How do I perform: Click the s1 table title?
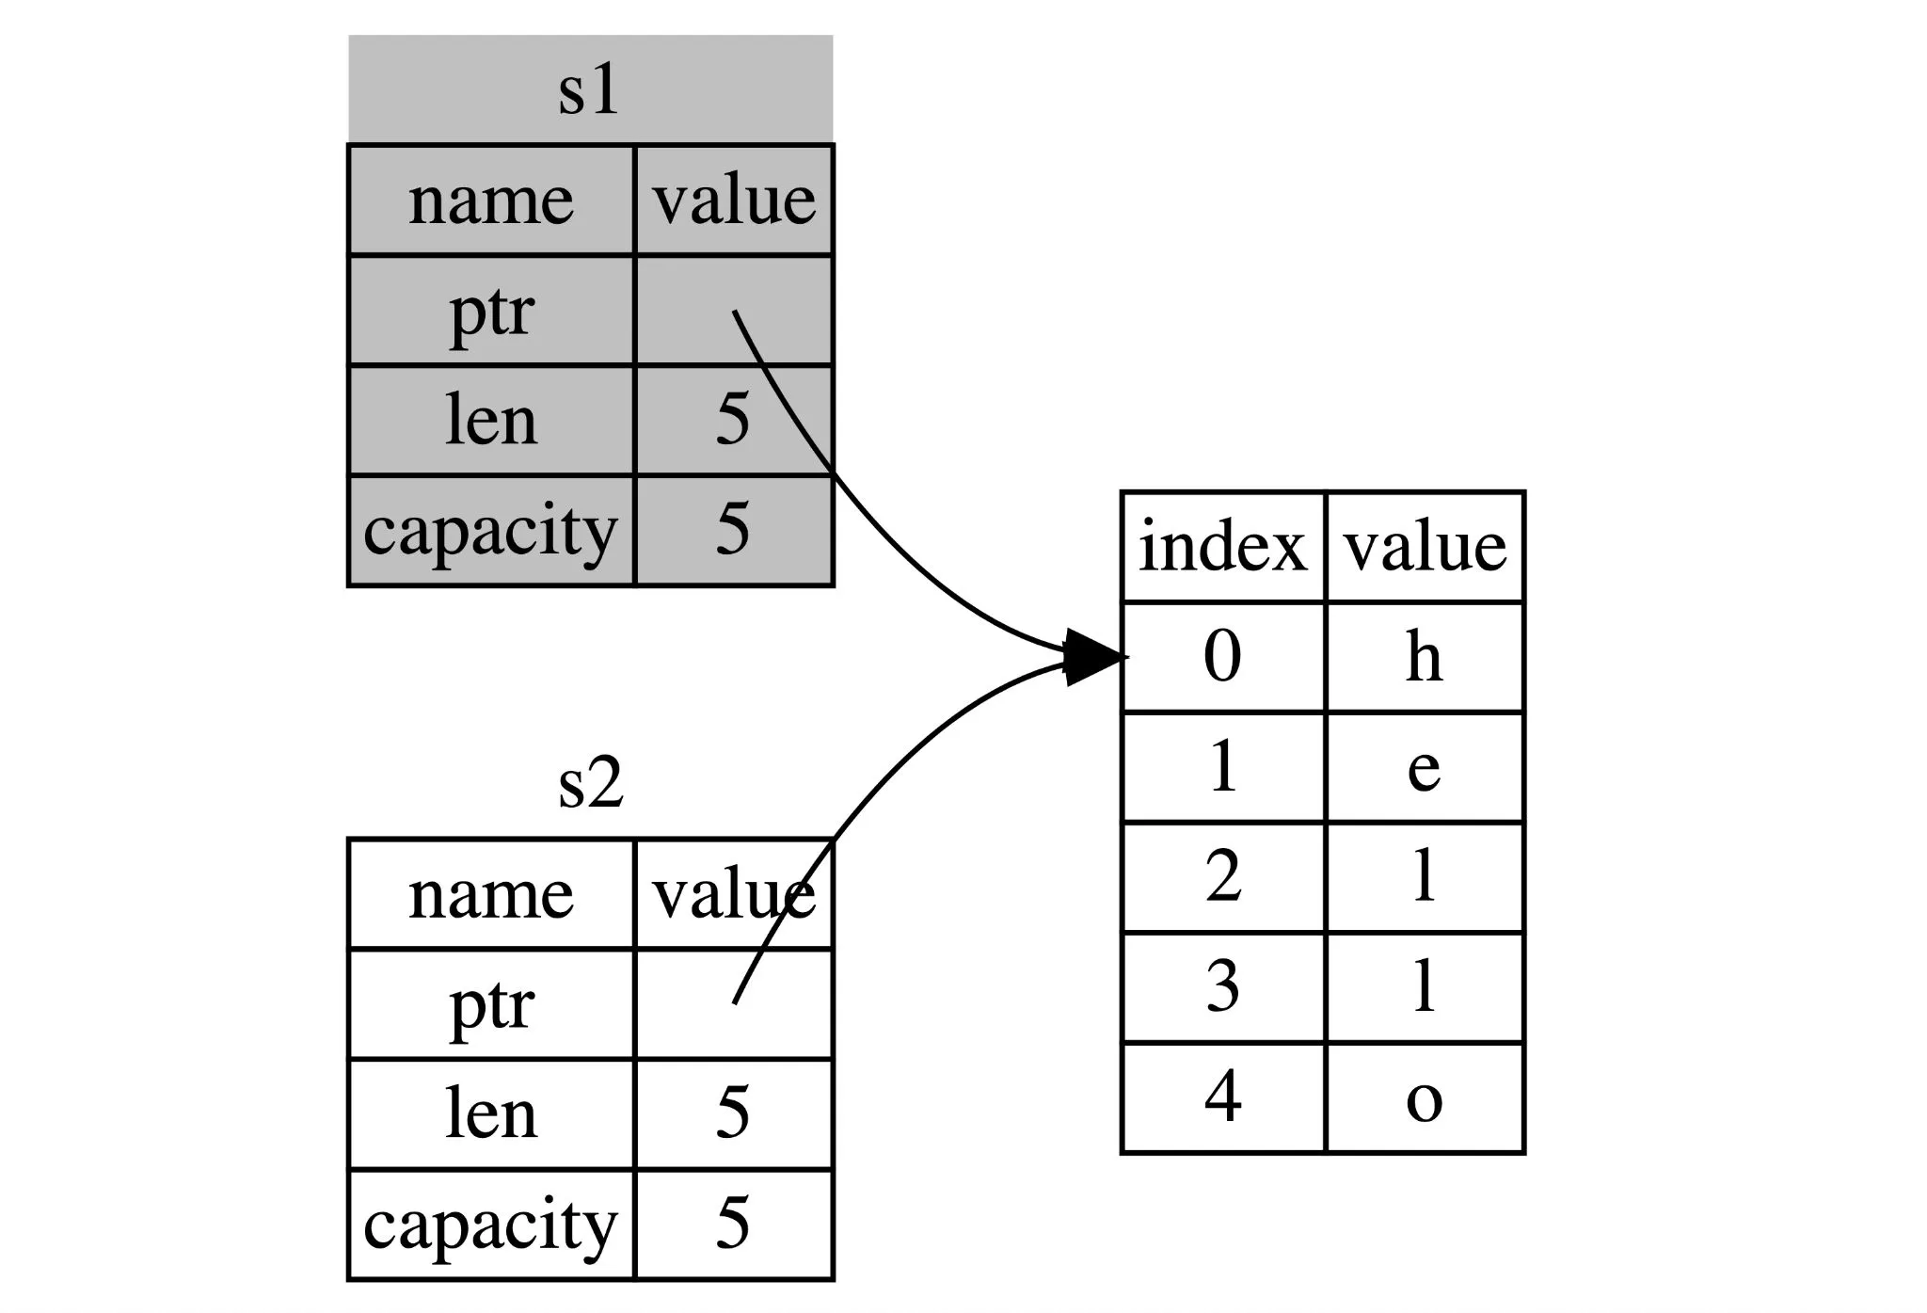(x=589, y=90)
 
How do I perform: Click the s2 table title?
(x=590, y=783)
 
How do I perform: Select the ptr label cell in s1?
(x=491, y=311)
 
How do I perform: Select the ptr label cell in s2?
(x=491, y=1004)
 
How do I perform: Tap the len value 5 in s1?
(x=733, y=420)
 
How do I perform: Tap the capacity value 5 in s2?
(x=733, y=1224)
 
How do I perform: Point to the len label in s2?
(x=490, y=1113)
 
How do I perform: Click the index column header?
(x=1222, y=547)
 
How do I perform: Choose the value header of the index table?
(x=1425, y=547)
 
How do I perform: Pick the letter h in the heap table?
(x=1424, y=657)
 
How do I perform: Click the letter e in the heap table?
(x=1424, y=767)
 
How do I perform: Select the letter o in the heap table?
(x=1424, y=1098)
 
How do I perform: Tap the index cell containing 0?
(x=1222, y=657)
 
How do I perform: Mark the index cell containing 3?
(x=1222, y=987)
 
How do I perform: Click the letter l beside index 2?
(x=1424, y=877)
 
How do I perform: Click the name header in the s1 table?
(x=490, y=200)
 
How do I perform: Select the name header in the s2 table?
(x=490, y=894)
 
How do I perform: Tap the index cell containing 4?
(x=1222, y=1097)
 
